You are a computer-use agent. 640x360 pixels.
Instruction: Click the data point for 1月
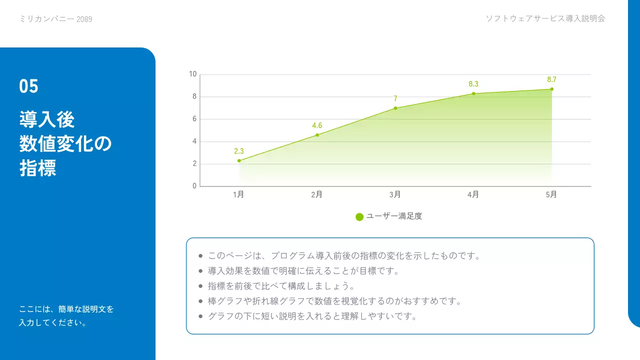point(239,160)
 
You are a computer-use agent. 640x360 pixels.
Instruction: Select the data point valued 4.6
point(317,135)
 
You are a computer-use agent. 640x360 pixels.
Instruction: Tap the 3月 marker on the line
point(395,108)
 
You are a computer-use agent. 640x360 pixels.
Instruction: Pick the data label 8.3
point(473,84)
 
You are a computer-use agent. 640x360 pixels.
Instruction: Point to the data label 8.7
point(551,79)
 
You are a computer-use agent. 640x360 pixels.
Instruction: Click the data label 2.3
point(239,151)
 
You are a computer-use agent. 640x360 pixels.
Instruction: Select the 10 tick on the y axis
point(193,74)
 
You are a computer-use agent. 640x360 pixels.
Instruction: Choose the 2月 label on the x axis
point(317,195)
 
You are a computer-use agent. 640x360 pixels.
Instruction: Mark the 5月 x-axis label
point(551,195)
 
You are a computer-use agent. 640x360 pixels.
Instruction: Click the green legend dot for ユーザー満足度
point(359,217)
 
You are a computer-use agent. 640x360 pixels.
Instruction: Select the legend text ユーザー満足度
point(394,216)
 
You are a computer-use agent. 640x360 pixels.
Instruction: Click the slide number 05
point(29,86)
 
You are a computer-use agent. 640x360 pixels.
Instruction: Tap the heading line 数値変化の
point(65,144)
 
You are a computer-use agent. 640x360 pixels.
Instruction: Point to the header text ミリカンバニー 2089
point(55,19)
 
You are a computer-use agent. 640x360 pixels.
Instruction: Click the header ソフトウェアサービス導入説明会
point(545,18)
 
